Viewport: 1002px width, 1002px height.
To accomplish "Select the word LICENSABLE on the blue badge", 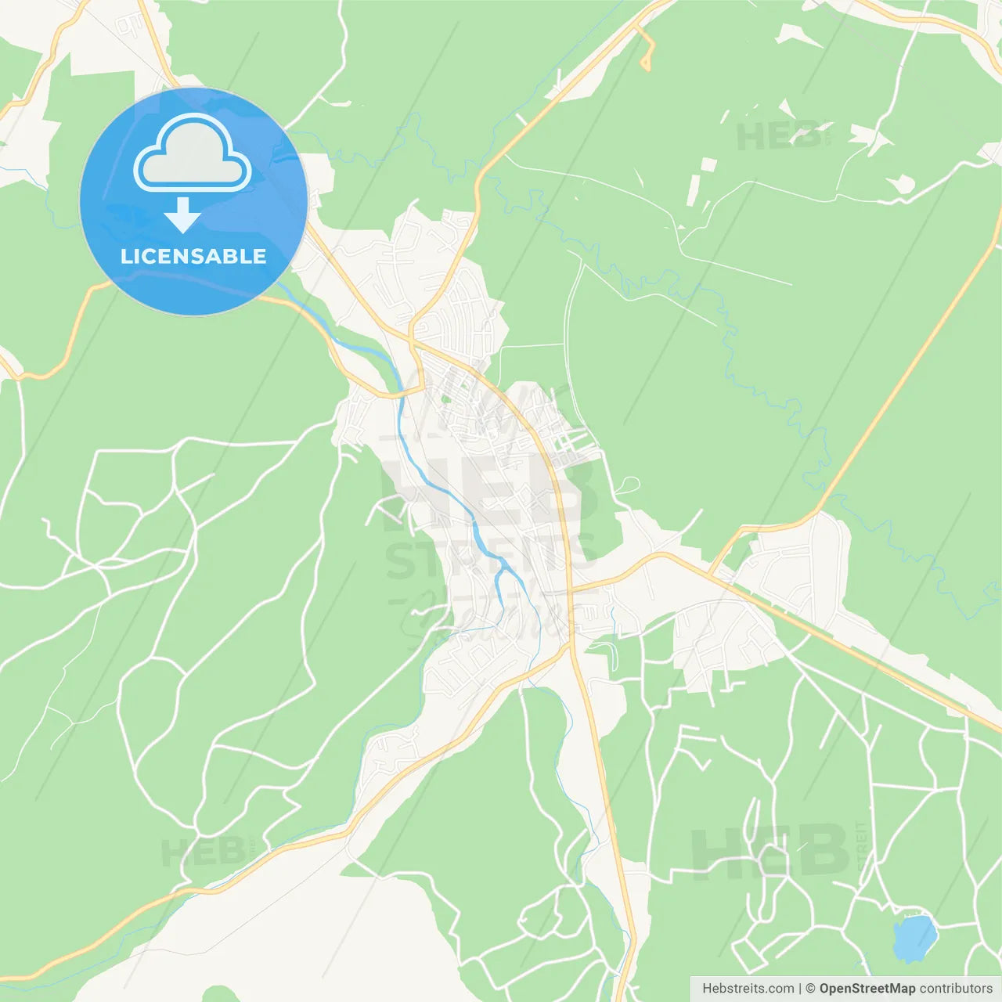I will click(x=193, y=256).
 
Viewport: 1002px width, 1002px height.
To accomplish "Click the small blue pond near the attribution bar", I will click(x=914, y=938).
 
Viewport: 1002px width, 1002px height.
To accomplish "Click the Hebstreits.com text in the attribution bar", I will click(x=748, y=989).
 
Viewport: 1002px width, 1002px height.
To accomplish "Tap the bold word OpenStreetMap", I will click(x=867, y=989).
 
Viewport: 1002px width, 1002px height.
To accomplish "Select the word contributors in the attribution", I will click(x=955, y=989).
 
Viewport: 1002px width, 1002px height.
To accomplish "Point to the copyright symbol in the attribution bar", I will click(x=810, y=989).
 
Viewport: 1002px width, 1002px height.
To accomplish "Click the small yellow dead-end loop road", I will click(x=647, y=55).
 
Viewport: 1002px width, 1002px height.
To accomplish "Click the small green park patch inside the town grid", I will click(x=447, y=399).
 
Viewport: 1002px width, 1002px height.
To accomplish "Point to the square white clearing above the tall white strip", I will click(x=708, y=165).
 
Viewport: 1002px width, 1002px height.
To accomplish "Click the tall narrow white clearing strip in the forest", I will click(x=694, y=190).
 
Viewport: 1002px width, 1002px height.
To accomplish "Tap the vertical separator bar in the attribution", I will click(x=799, y=989).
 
